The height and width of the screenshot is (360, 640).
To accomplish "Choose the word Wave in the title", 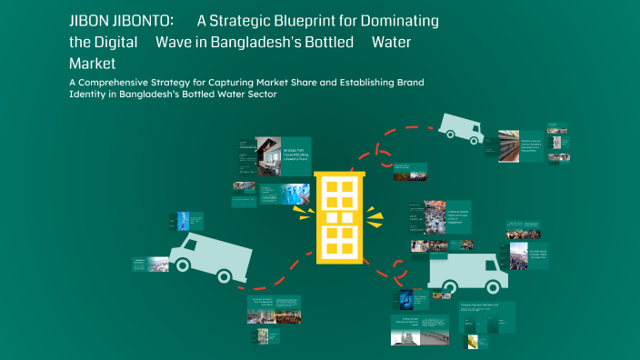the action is (175, 42).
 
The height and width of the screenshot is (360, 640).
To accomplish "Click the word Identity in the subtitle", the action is (92, 95).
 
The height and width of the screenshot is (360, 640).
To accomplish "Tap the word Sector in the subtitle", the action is (258, 95).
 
